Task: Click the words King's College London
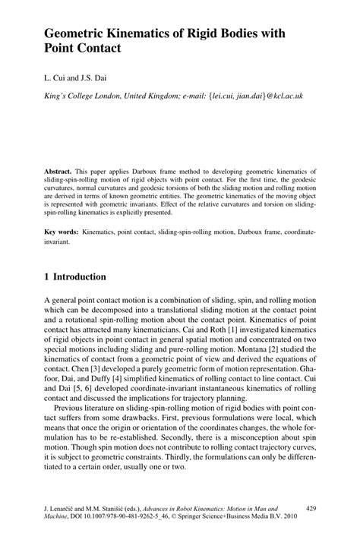(82, 96)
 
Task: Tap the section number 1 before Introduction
(46, 277)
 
